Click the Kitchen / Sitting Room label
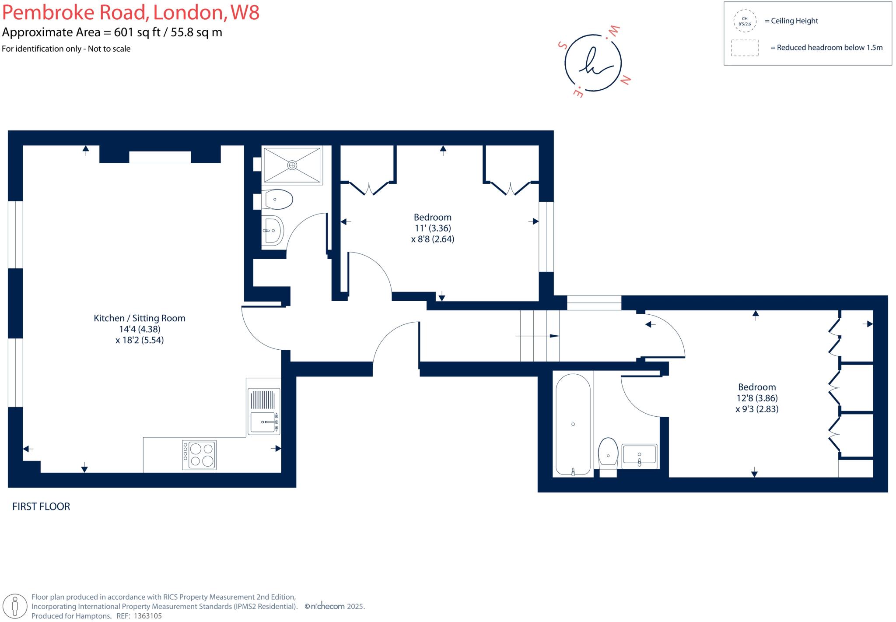[139, 318]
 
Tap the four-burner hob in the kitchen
[199, 455]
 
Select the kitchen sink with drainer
[264, 411]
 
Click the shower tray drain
[292, 165]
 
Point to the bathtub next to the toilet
[573, 424]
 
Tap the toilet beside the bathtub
[608, 453]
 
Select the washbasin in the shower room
[273, 230]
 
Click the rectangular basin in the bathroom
[639, 455]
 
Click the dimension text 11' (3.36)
[433, 228]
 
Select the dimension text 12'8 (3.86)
[756, 398]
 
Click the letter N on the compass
[626, 80]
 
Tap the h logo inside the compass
[593, 63]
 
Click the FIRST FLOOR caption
[41, 506]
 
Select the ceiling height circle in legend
[745, 21]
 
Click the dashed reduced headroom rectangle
[745, 48]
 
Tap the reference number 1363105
[147, 616]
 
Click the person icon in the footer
[16, 606]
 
